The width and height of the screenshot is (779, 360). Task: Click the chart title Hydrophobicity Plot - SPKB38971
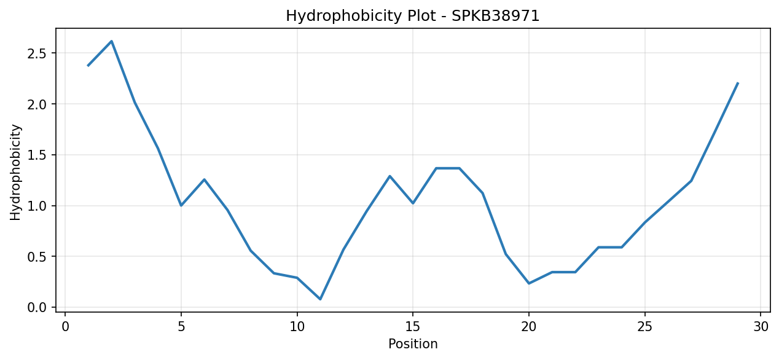[x=412, y=16]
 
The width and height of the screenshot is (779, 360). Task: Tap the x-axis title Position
[x=413, y=344]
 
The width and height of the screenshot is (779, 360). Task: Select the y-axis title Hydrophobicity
[x=15, y=172]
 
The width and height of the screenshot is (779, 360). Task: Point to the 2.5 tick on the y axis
[x=36, y=53]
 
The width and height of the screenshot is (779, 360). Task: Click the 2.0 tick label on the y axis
[x=36, y=104]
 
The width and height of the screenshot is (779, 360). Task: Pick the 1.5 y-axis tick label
[x=36, y=155]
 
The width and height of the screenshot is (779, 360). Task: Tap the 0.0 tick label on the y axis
[x=36, y=308]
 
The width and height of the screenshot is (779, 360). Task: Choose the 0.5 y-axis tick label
[x=36, y=257]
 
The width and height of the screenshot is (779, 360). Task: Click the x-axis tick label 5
[x=181, y=327]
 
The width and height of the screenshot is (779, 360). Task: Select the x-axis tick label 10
[x=297, y=327]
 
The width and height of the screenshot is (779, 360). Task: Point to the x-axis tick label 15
[x=413, y=327]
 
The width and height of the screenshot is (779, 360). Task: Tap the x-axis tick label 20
[x=529, y=327]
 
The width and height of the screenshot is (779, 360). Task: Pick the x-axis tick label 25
[x=644, y=327]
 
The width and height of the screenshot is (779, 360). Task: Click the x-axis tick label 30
[x=761, y=327]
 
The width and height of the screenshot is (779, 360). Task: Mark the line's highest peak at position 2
[x=111, y=41]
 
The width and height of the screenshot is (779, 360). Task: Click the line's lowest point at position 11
[x=320, y=299]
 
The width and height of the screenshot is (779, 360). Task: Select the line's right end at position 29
[x=738, y=83]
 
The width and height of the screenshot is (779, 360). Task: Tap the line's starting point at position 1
[x=88, y=66]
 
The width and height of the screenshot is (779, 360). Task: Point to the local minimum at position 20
[x=529, y=283]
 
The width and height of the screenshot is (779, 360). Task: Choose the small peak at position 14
[x=390, y=176]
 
